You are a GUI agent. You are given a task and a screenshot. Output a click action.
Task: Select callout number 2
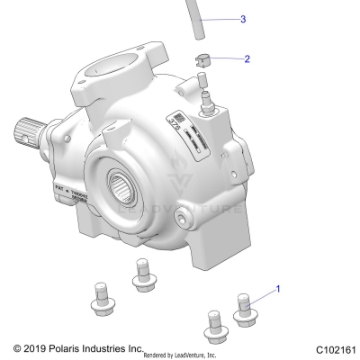[x=247, y=60]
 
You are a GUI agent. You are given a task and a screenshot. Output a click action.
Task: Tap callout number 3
[x=242, y=18]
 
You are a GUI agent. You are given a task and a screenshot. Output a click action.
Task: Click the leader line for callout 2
[x=226, y=60]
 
